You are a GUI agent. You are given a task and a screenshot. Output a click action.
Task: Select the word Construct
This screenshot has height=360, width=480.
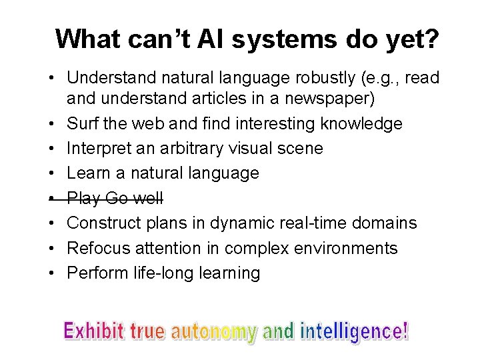coord(105,223)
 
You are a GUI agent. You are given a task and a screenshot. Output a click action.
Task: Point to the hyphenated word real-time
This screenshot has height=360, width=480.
coord(304,223)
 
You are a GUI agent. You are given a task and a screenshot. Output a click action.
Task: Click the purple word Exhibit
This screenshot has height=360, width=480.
coord(94,331)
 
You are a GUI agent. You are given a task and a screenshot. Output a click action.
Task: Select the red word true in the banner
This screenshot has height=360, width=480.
coord(147,331)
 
